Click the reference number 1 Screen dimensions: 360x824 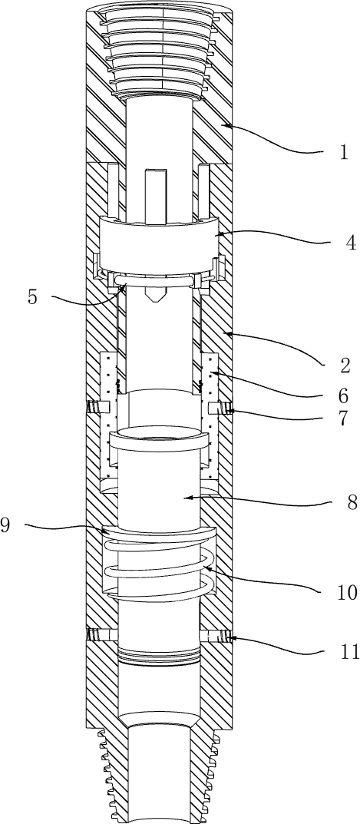pos(344,153)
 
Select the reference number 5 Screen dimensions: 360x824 pos(33,297)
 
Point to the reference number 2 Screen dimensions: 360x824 pos(345,366)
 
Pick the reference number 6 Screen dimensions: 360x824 pos(342,395)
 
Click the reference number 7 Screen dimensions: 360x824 pos(342,419)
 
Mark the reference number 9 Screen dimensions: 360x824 pos(5,525)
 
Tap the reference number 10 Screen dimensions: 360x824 pos(348,593)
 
